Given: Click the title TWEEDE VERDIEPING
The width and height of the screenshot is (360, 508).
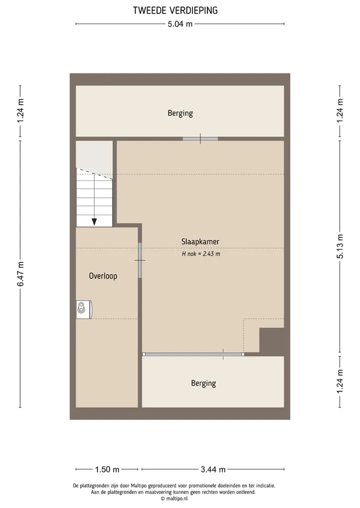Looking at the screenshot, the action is click(175, 10).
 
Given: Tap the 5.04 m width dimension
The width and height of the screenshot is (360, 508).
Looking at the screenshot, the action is click(180, 24).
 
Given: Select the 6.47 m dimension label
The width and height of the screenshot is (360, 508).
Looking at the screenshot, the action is click(20, 274).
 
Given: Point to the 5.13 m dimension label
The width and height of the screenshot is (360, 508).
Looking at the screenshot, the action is click(340, 246).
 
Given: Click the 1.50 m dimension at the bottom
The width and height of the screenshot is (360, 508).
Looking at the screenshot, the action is click(107, 469).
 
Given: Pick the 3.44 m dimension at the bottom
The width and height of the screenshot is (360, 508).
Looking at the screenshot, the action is click(213, 469).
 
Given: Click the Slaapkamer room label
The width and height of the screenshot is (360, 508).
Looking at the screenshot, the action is click(200, 242).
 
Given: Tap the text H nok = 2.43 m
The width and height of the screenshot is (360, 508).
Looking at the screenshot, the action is click(201, 254).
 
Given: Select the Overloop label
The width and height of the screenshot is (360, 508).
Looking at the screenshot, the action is click(103, 276).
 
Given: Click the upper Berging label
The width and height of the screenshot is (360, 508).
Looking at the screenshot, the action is click(180, 113).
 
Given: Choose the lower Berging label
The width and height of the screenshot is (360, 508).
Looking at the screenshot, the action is click(203, 384).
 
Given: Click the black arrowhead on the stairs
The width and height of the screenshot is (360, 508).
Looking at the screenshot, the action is click(94, 222).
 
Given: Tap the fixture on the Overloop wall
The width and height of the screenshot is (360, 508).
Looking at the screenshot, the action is click(84, 309).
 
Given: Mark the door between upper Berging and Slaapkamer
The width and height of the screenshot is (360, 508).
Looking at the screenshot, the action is click(200, 139).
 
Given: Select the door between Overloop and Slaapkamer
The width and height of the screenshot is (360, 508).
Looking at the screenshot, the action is click(140, 260).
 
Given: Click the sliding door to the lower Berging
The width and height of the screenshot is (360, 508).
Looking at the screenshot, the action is click(193, 354).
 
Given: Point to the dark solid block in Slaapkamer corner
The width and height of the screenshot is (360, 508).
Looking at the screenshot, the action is click(271, 340).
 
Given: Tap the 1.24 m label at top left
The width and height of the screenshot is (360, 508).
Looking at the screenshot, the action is click(20, 111).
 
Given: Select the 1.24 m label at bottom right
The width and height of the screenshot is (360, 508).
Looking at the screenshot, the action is click(340, 381).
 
